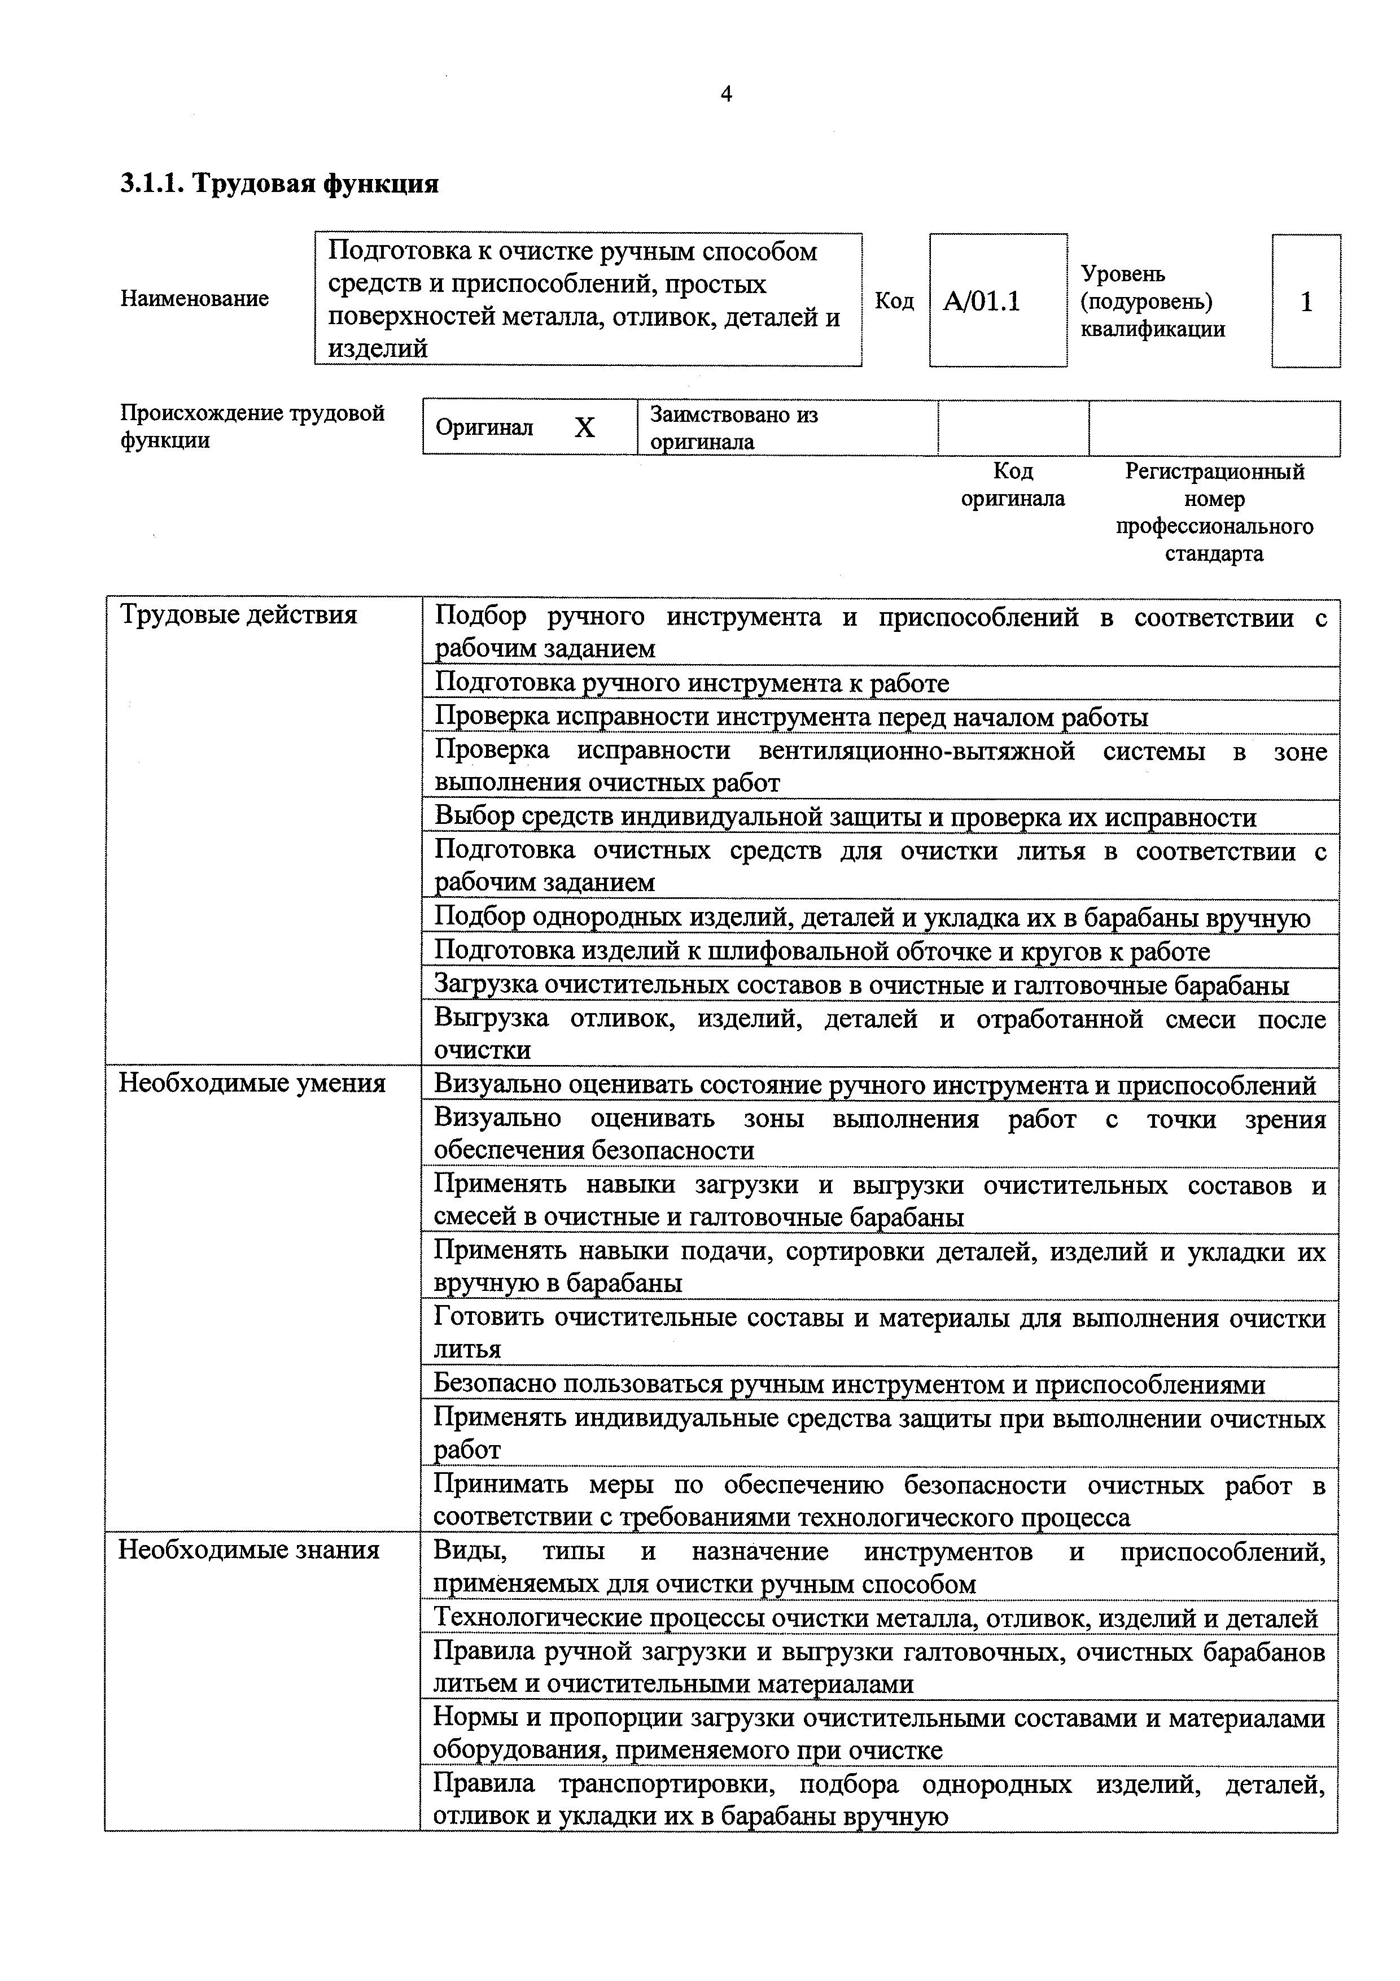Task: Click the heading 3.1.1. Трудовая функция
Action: (279, 184)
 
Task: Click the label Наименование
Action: (195, 299)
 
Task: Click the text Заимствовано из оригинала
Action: (733, 428)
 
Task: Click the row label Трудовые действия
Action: (238, 615)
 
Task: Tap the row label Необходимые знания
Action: (250, 1551)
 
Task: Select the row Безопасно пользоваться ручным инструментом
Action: (849, 1385)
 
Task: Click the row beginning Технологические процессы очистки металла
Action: (874, 1618)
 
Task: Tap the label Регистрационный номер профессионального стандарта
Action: (1214, 513)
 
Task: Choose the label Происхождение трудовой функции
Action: (252, 426)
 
